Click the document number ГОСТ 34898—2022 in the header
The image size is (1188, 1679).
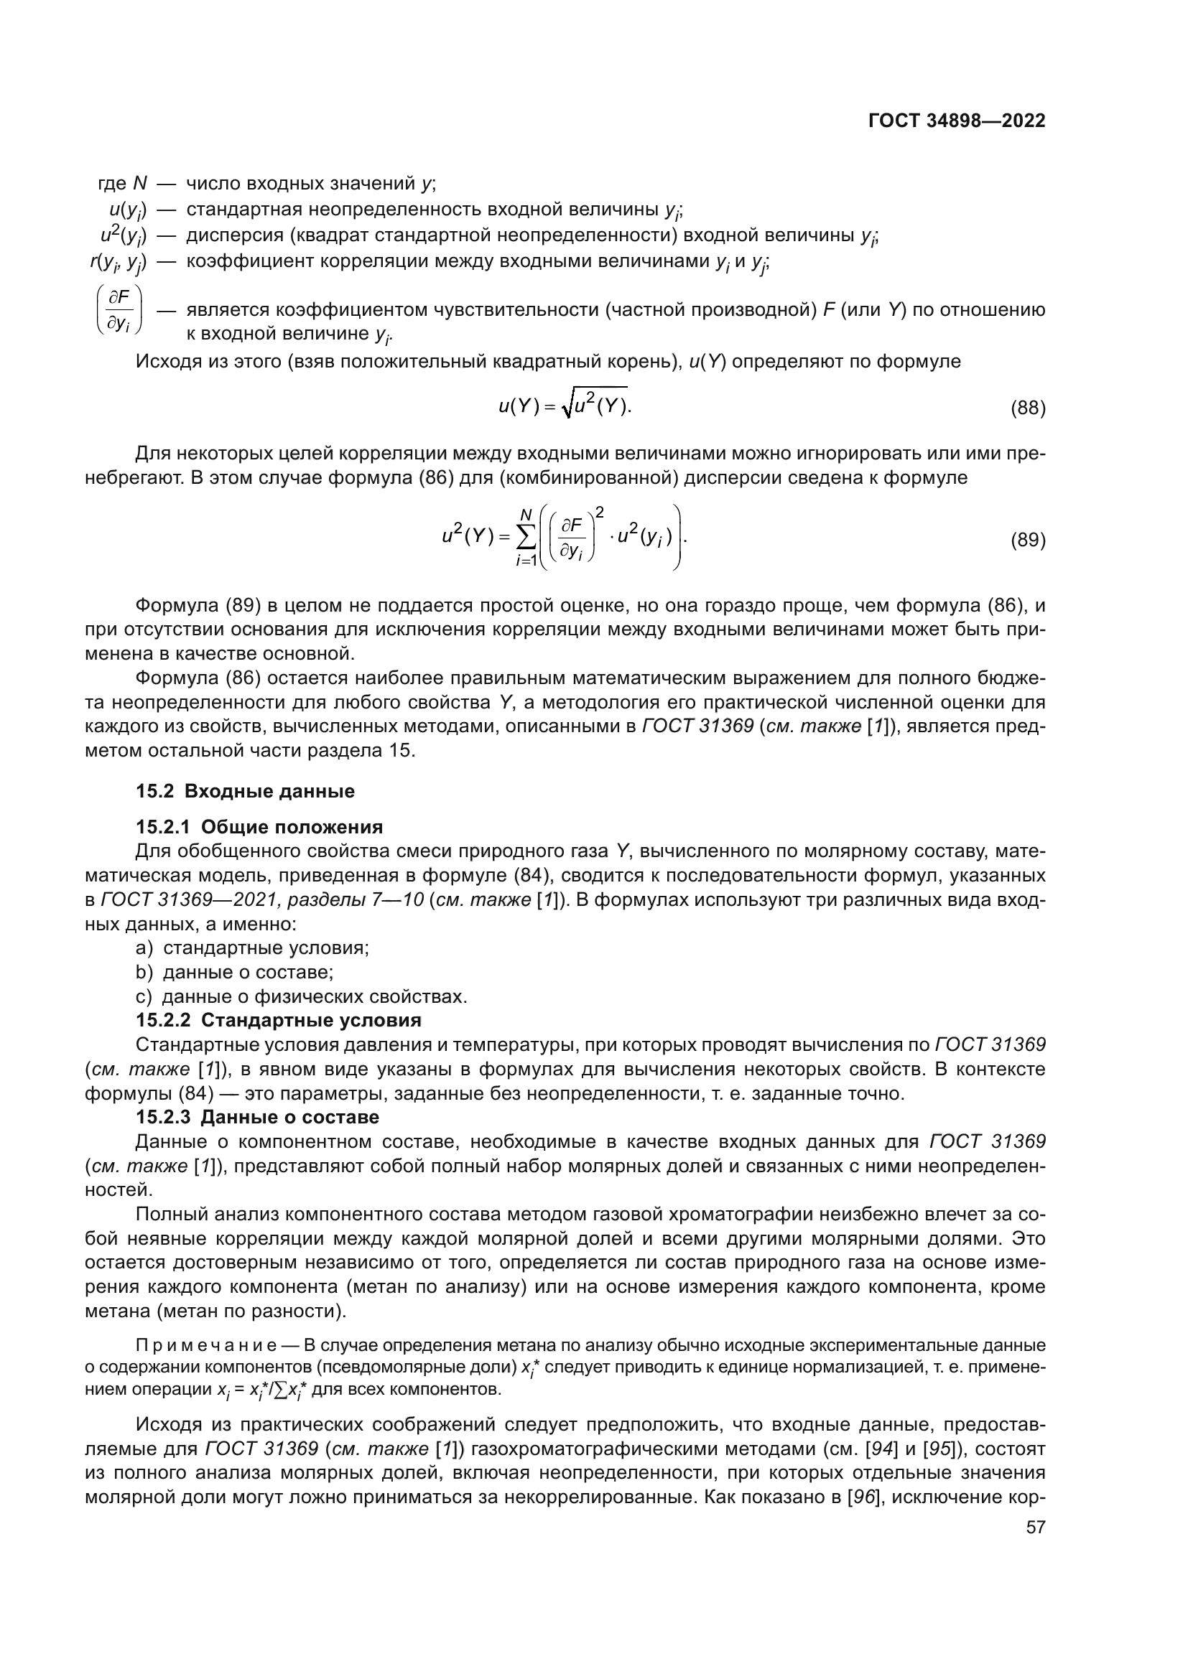click(956, 121)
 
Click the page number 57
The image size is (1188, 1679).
click(1035, 1568)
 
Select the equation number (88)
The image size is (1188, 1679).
click(1028, 408)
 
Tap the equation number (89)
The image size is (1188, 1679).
click(1028, 541)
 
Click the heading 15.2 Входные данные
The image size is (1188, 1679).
click(245, 791)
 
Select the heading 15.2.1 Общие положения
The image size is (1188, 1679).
click(259, 827)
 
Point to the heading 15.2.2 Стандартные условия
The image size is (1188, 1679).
click(278, 1020)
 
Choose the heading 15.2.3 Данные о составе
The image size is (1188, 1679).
click(258, 1118)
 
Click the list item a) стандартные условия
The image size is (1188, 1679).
click(252, 948)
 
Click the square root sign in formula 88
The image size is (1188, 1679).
click(567, 406)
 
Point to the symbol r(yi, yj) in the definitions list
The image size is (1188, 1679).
click(118, 263)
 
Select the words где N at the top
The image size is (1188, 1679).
click(122, 184)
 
